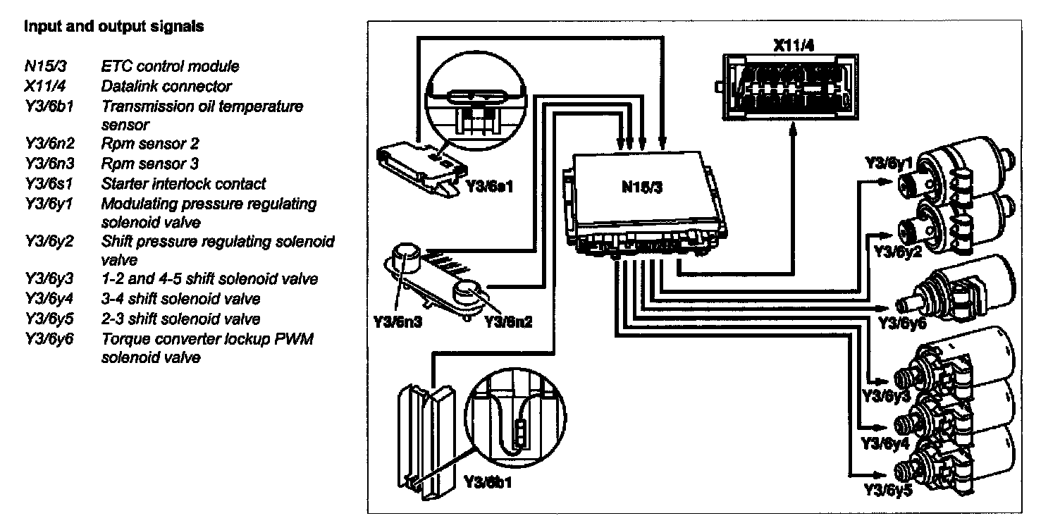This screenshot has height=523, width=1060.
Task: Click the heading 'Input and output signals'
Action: [114, 27]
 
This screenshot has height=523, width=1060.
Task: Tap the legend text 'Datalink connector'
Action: [167, 86]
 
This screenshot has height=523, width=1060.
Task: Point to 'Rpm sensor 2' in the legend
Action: [150, 144]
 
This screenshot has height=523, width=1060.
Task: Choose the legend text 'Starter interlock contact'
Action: [184, 184]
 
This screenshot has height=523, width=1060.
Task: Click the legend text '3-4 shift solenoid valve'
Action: [181, 299]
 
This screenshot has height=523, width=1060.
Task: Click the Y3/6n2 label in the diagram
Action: [507, 321]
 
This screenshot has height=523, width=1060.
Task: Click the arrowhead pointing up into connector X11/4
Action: [793, 132]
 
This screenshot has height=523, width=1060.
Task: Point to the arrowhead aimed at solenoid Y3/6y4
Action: [877, 428]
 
